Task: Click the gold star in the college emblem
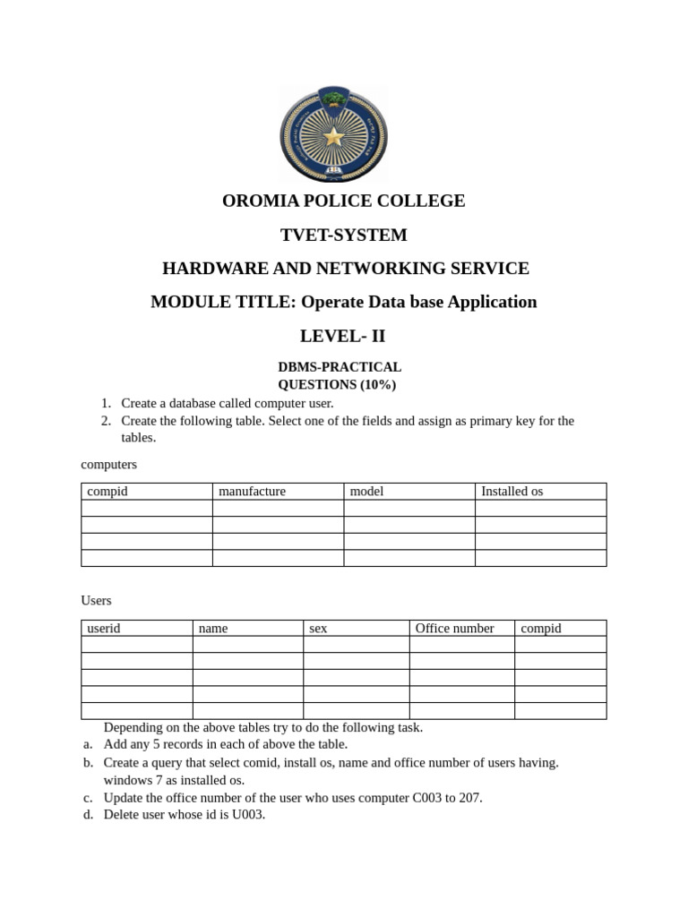pos(334,136)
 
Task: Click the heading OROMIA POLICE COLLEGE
pos(343,201)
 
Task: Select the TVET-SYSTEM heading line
pos(343,235)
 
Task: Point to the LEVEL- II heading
pos(343,336)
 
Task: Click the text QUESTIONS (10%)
pos(337,384)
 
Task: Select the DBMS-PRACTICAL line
pos(340,367)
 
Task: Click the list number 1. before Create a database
pos(105,403)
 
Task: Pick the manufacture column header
pos(252,491)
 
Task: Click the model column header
pos(366,491)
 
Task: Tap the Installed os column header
pos(512,491)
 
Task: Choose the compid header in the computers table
pos(107,491)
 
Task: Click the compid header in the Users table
pos(540,628)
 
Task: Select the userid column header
pos(103,628)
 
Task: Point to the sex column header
pos(318,628)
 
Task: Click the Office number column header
pos(454,628)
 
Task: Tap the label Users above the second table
pos(96,600)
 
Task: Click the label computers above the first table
pos(108,464)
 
